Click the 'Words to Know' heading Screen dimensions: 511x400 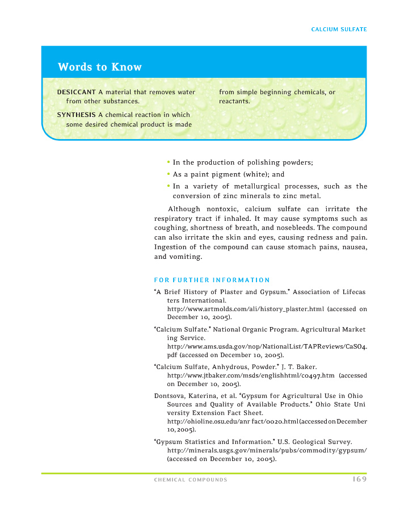(100, 67)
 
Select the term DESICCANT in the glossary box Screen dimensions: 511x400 (77, 92)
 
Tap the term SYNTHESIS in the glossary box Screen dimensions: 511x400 (76, 115)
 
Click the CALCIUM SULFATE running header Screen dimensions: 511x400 (339, 29)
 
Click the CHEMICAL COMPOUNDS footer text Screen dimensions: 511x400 (191, 480)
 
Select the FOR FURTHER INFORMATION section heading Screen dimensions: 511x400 (212, 280)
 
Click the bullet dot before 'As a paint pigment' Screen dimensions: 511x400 (169, 174)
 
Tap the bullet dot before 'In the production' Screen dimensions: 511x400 (169, 162)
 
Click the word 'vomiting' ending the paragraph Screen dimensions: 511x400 (185, 257)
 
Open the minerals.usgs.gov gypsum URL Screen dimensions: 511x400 (267, 450)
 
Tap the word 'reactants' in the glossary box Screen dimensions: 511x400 (234, 101)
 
